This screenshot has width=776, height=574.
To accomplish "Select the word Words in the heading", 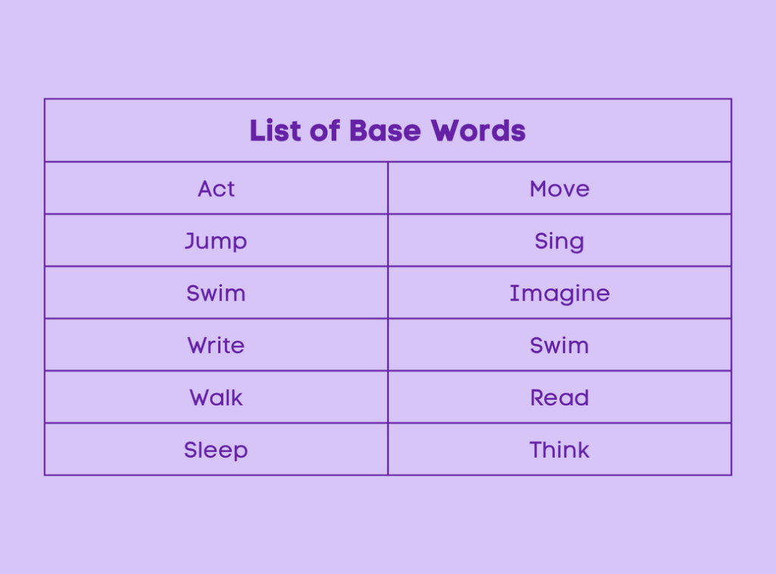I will pos(478,130).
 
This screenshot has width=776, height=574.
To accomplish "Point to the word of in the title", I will pos(325,130).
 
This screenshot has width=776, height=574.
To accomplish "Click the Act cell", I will pos(216,189).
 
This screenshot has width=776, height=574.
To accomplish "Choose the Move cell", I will pos(559,189).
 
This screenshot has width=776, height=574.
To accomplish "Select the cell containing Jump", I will pos(216,241).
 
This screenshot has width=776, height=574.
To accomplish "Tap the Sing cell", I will pos(559,241).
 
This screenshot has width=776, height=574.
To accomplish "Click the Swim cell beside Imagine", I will pos(216,293).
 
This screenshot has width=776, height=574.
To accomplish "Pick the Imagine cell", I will pos(559,293).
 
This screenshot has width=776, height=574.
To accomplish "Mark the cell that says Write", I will pos(216,345).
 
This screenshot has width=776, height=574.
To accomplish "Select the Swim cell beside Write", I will pos(559,345).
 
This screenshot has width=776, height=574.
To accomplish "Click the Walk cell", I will pos(216,398).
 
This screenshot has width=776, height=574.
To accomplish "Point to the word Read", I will pos(559,398).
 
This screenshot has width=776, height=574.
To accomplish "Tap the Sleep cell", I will pos(216,450).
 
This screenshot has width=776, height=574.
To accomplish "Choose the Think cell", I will pos(559,450).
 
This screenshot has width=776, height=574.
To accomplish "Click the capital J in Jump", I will pos(190,240).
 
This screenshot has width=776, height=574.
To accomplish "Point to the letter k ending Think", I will pos(584,450).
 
